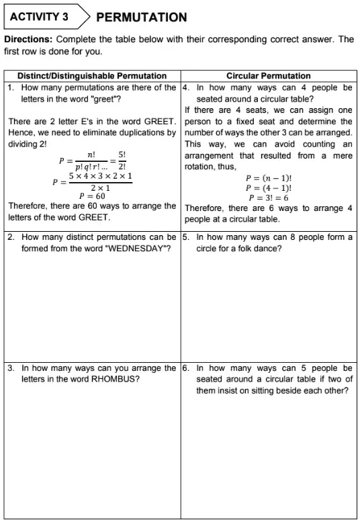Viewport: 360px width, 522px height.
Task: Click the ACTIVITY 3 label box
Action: (42, 17)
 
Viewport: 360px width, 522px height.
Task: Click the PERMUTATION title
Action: (142, 17)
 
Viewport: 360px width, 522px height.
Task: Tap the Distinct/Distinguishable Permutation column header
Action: (92, 76)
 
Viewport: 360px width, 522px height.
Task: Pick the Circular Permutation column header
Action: (269, 76)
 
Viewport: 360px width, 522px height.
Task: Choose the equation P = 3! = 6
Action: (269, 198)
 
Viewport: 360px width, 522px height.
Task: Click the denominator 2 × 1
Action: (100, 187)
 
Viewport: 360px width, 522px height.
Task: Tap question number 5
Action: (185, 237)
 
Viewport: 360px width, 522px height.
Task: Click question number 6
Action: (185, 368)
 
